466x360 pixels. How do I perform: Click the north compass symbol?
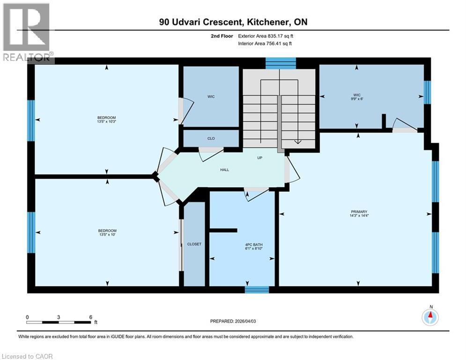coord(430,317)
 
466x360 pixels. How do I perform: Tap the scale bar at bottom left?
coord(59,322)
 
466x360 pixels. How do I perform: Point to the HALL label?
coord(225,170)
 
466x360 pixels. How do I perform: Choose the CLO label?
coord(211,139)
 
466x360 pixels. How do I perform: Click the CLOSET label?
coord(194,244)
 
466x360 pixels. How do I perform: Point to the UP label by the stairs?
coord(259,157)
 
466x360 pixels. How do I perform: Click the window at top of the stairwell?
coord(281,63)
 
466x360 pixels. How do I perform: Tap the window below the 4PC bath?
coord(257,290)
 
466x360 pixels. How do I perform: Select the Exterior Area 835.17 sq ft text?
coord(266,36)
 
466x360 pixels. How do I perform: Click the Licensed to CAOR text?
coord(27,356)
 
